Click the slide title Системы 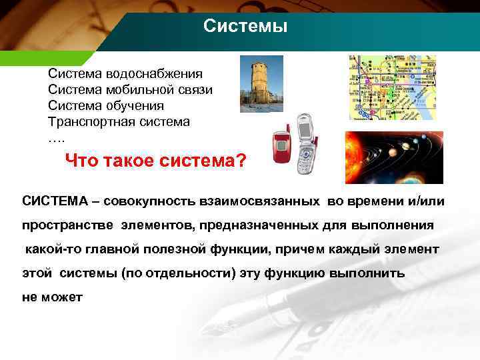click(x=245, y=27)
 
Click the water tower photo click(x=261, y=83)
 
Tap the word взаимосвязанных click(x=258, y=201)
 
